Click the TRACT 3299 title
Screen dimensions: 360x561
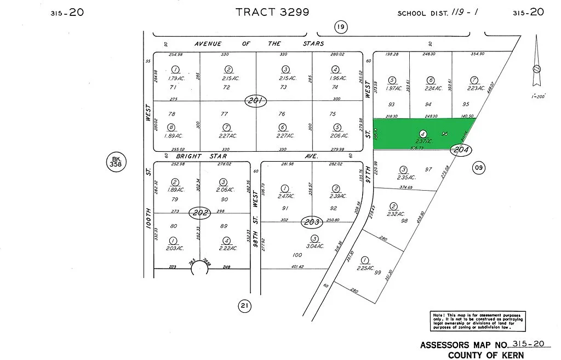pos(272,12)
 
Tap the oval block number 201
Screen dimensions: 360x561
pos(255,101)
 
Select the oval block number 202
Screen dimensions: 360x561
pos(199,213)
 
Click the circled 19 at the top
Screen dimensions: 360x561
pos(341,26)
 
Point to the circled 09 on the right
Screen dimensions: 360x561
pos(478,169)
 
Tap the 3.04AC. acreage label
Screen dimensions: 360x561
pos(314,246)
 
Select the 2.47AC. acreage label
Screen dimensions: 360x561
pos(285,196)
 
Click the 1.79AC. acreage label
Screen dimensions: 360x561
pos(175,78)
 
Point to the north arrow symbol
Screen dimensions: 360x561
pos(536,68)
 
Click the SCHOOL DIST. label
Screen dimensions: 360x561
pos(421,13)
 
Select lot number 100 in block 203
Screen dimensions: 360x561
pos(297,255)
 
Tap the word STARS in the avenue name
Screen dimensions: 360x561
pos(312,43)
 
